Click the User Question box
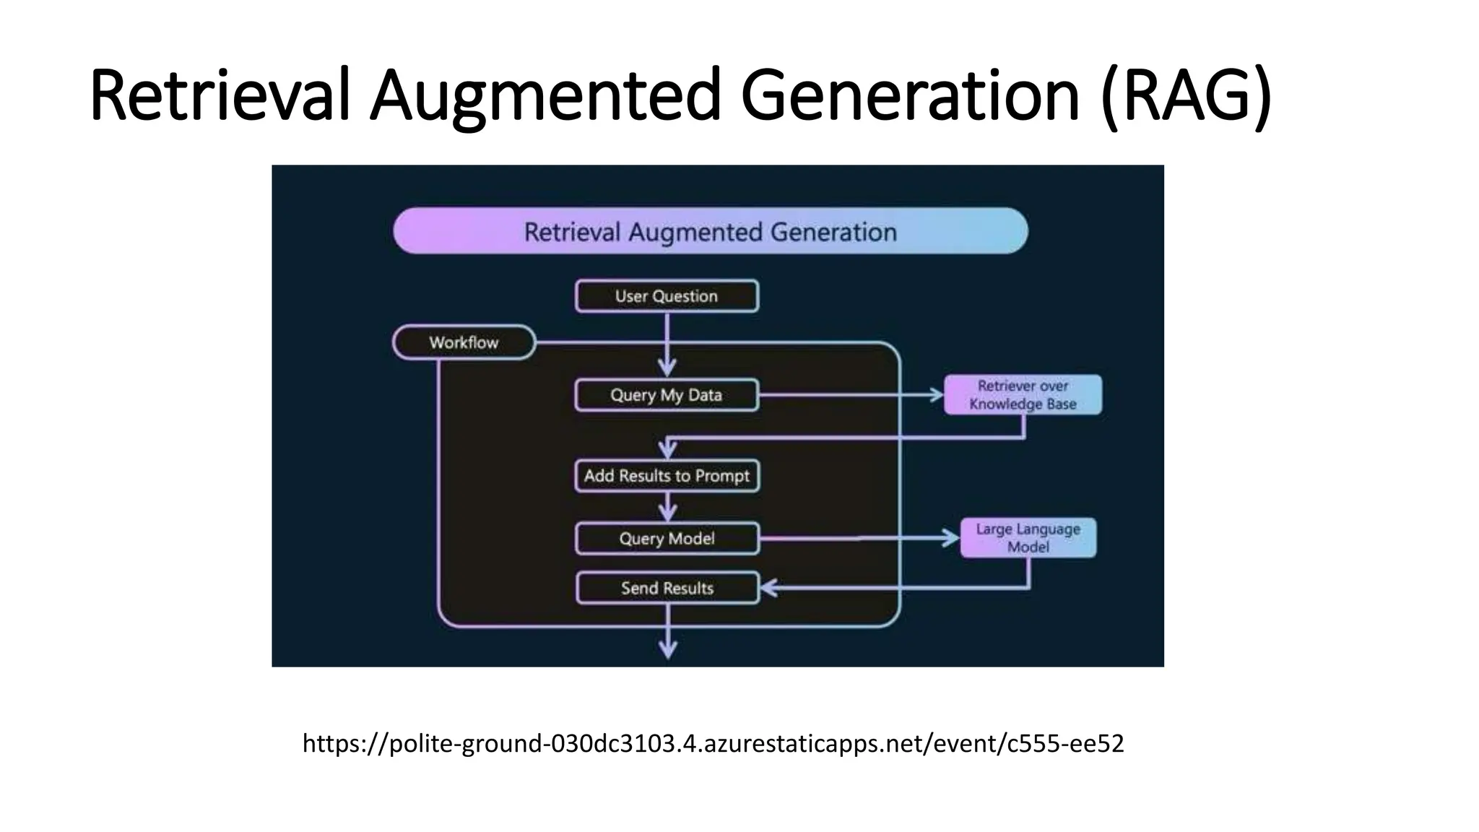667,296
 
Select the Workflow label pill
464,342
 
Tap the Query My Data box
667,395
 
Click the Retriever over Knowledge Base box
1023,394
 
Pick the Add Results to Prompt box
667,476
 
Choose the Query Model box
667,539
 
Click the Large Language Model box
1028,538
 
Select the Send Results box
667,588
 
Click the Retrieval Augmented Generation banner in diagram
710,231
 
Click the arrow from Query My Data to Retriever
852,395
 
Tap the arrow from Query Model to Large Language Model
859,539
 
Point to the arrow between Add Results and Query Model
668,507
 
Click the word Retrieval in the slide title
220,95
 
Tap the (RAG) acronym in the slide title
1186,95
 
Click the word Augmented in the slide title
545,95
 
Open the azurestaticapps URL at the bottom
713,743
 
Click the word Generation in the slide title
910,95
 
